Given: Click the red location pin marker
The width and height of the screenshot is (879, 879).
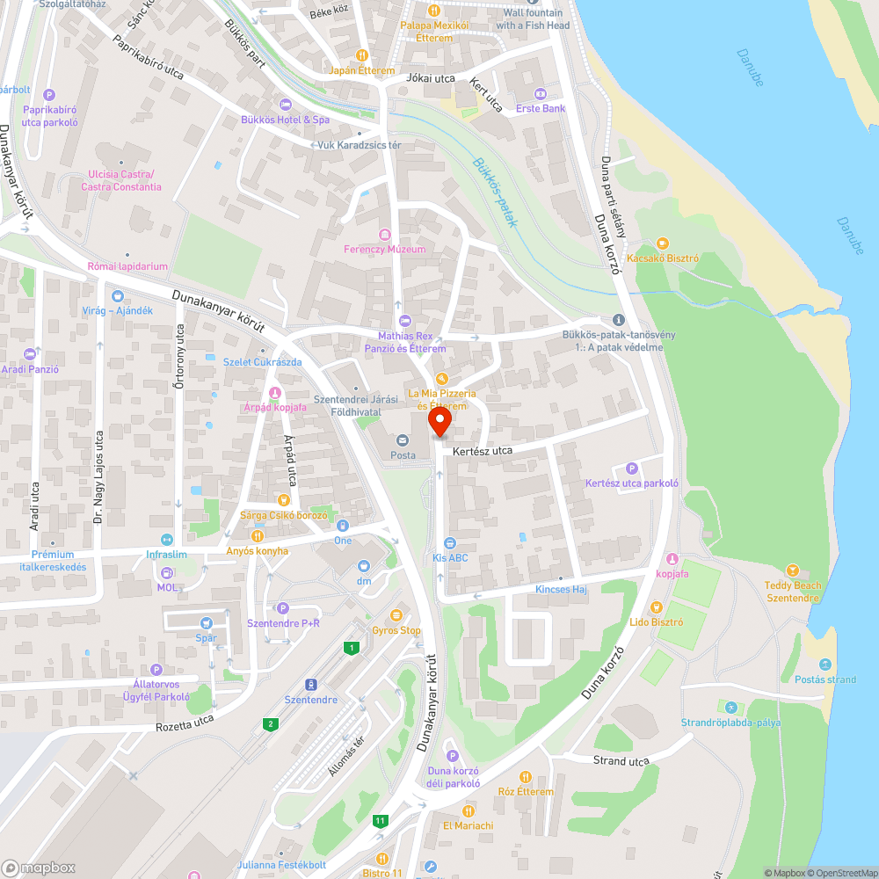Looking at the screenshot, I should [x=440, y=422].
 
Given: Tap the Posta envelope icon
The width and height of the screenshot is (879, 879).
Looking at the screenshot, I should [x=403, y=440].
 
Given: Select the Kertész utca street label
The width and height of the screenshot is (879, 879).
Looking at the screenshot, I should [x=482, y=451].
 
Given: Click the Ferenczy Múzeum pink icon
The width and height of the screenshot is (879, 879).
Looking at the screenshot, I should [x=383, y=234].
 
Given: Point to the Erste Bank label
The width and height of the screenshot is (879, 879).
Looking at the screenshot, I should [x=541, y=108].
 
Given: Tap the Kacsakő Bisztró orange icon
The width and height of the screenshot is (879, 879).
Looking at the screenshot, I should [x=663, y=243].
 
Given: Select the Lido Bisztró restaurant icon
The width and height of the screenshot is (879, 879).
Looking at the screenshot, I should [x=656, y=607].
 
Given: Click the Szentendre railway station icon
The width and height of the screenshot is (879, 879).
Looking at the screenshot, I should [x=310, y=684].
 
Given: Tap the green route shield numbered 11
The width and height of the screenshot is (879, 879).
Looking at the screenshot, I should [x=380, y=821].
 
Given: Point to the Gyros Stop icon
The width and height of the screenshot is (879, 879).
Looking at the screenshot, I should [x=396, y=615].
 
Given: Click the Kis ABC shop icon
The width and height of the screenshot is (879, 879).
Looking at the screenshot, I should [x=449, y=543].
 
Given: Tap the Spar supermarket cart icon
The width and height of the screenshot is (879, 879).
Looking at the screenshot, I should [x=207, y=622].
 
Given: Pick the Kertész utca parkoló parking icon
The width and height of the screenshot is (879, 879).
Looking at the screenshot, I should [x=631, y=468].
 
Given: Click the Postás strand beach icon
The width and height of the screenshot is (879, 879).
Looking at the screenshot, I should [x=825, y=664].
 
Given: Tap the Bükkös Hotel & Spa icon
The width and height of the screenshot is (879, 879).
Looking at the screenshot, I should [x=285, y=105].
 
